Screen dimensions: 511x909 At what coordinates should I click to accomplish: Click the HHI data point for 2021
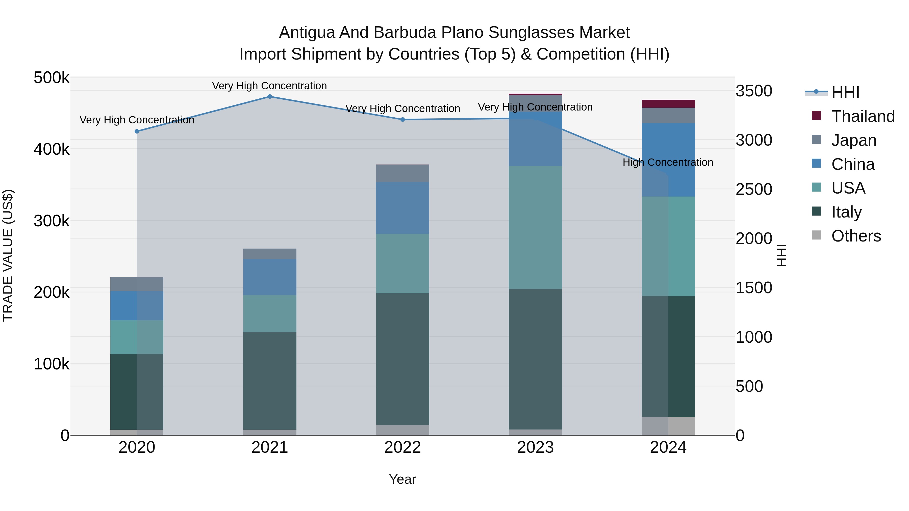(270, 97)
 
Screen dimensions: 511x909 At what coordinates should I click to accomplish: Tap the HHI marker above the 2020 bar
(137, 131)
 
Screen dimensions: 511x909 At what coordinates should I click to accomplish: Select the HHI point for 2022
(403, 120)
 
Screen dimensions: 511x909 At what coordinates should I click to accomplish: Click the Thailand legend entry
(863, 116)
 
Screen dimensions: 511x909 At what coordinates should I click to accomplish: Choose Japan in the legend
(854, 140)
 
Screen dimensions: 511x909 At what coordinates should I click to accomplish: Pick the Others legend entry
(856, 236)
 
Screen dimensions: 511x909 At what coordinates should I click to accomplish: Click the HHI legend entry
(845, 92)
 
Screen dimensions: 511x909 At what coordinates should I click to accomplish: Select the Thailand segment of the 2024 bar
(668, 104)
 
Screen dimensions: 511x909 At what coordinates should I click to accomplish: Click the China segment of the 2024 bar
(668, 160)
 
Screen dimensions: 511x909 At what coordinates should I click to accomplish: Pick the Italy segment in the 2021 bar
(270, 381)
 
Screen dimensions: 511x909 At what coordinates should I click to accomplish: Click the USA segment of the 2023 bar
(535, 227)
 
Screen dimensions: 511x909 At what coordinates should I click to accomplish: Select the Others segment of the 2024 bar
(668, 426)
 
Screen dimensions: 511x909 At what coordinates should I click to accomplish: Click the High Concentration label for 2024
(668, 163)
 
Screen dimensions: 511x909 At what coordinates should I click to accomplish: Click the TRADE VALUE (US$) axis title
(8, 256)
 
